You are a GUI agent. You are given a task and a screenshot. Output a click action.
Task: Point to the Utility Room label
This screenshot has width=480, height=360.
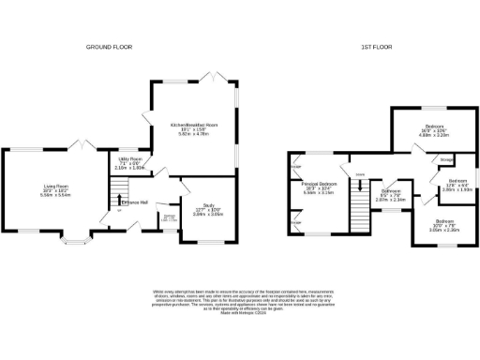[128, 162]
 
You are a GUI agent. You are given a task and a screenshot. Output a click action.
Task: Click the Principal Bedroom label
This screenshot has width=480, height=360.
[320, 187]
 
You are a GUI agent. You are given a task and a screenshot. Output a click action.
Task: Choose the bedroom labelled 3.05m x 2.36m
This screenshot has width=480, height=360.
[444, 224]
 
